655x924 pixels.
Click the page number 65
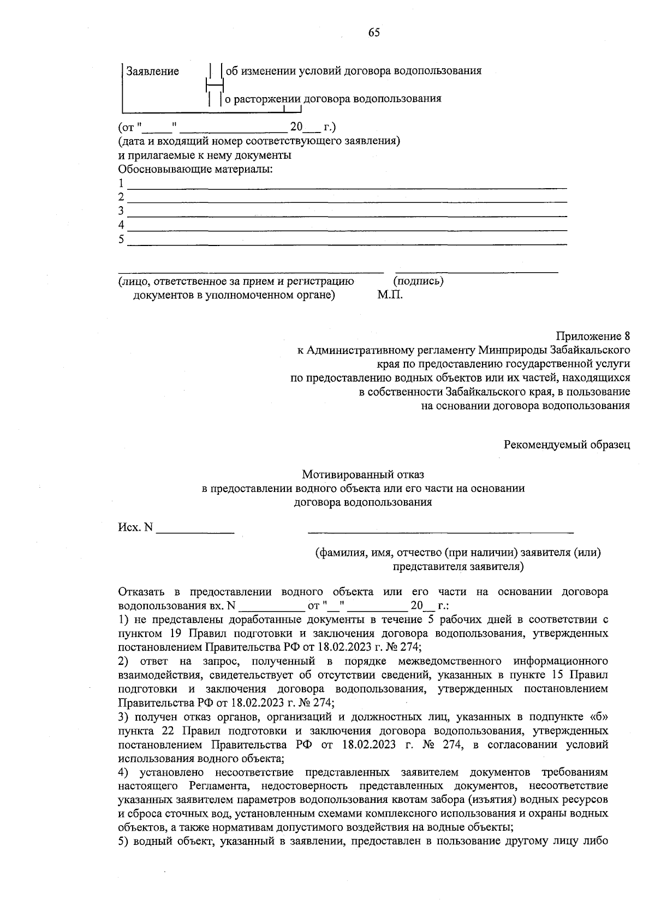pos(374,33)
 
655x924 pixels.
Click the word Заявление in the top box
pos(153,71)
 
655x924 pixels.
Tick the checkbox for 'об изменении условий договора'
pos(216,71)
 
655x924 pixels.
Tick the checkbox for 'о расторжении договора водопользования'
pos(215,99)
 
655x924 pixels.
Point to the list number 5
pos(121,239)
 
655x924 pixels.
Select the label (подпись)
pos(418,281)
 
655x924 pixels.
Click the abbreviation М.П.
pos(390,296)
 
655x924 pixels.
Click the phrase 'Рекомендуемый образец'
pos(567,445)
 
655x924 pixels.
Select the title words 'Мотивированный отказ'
pos(363,475)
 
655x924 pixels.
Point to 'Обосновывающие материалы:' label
pos(195,169)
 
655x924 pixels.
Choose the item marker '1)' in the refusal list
pos(123,620)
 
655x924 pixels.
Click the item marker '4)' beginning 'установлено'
pos(123,773)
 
